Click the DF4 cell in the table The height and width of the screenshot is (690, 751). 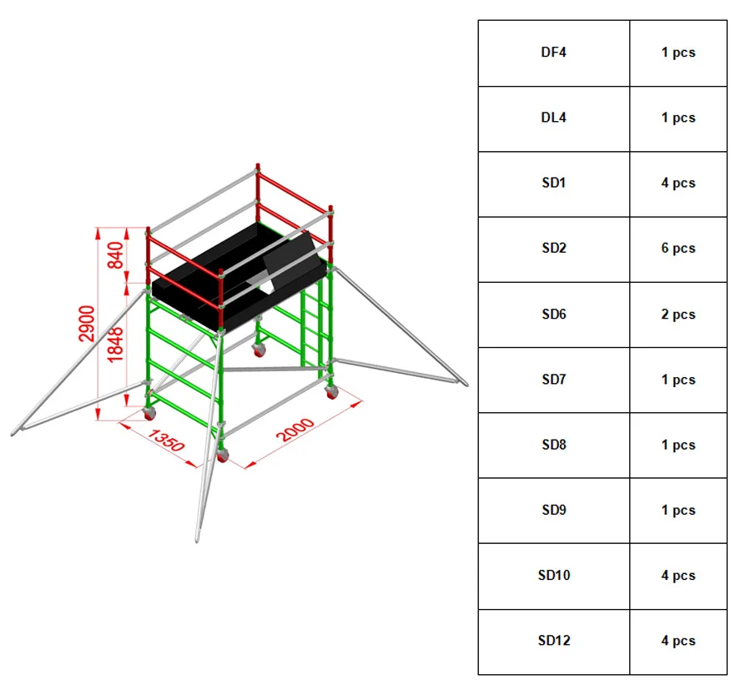pos(553,53)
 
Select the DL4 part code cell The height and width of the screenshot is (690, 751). pos(553,118)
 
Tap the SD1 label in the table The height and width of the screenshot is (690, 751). pos(553,183)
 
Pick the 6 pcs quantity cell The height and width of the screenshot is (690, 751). pos(678,248)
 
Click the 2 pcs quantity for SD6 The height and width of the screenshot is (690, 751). pos(678,315)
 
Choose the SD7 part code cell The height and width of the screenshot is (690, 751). pos(553,380)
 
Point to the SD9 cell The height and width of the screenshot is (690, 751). pos(553,510)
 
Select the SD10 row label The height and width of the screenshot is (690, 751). pos(553,575)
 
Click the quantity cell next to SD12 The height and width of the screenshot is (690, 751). pos(678,641)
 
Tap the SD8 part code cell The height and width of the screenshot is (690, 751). pos(553,445)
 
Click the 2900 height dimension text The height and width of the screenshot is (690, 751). pos(87,323)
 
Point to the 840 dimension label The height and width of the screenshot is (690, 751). pos(116,255)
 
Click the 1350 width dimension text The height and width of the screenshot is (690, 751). pos(165,440)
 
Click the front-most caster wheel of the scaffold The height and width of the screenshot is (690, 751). pos(223,456)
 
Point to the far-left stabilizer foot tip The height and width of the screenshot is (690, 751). pos(15,432)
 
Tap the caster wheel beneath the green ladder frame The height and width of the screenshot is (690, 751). pos(332,391)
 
